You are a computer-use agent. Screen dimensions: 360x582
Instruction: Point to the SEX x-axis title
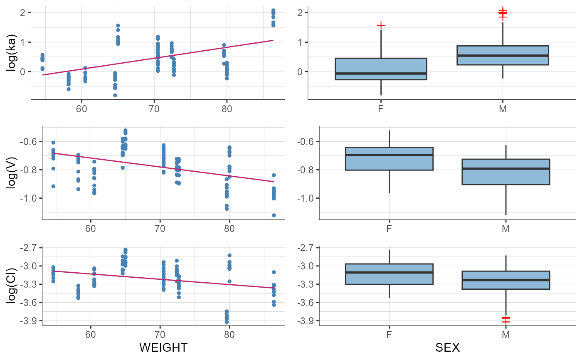point(447,348)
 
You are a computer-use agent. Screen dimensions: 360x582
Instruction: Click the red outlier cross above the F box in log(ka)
point(381,25)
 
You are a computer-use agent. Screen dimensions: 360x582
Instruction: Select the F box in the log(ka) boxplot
point(381,69)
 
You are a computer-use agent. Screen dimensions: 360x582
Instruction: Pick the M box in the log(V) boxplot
point(506,172)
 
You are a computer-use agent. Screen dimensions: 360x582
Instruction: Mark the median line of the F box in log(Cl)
point(389,272)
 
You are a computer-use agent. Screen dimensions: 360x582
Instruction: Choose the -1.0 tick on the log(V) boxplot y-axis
point(306,198)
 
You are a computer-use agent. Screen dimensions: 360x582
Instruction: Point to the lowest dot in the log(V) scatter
point(274,215)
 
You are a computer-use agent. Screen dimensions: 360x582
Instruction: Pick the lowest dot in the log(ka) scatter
point(115,95)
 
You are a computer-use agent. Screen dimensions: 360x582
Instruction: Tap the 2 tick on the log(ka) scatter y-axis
point(23,12)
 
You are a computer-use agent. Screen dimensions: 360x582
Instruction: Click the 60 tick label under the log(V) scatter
point(91,229)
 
